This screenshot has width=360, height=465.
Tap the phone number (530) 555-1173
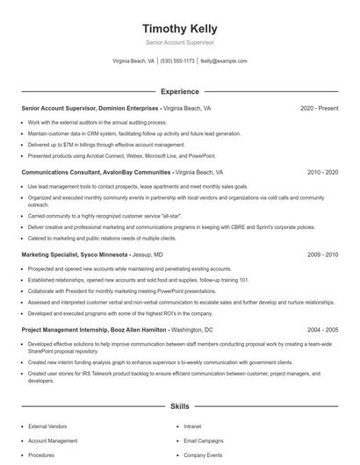177,61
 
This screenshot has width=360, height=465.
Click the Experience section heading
180,91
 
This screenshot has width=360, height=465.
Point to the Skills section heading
180,407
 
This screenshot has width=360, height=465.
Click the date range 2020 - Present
319,109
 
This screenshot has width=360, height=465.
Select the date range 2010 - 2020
322,173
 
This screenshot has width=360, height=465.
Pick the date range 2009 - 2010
322,254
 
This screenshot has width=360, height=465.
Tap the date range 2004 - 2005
322,329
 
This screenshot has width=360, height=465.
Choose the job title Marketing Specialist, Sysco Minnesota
74,254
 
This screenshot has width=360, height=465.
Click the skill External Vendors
49,426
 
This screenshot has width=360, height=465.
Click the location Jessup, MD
146,254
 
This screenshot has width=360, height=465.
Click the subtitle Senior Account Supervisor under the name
180,42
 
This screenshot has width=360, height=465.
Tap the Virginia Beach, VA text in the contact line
133,61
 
